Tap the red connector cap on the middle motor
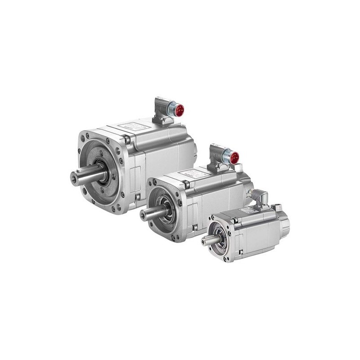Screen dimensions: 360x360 pos(234,157)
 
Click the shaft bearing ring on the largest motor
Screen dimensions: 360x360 pos(103,173)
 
